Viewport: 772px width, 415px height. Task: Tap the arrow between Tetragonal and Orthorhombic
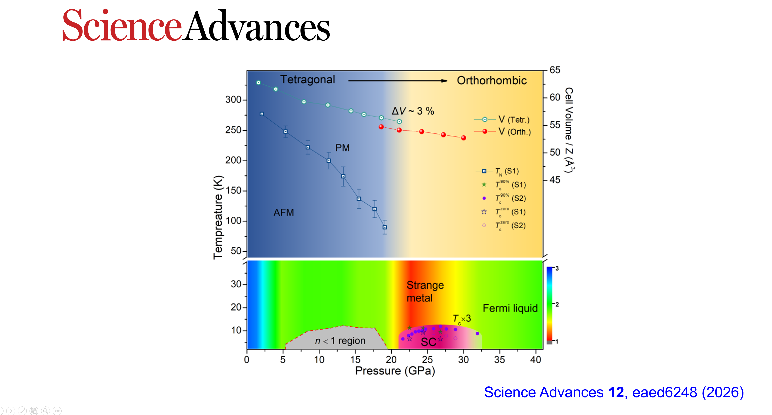pyautogui.click(x=398, y=81)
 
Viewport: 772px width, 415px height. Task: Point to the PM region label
pyautogui.click(x=342, y=148)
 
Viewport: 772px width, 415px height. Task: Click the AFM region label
pyautogui.click(x=283, y=212)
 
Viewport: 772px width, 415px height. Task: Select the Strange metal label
pyautogui.click(x=425, y=291)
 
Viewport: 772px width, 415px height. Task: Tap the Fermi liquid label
pyautogui.click(x=510, y=308)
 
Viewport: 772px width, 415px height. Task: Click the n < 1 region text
pyautogui.click(x=340, y=341)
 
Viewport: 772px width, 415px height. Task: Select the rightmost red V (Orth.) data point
pyautogui.click(x=463, y=138)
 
